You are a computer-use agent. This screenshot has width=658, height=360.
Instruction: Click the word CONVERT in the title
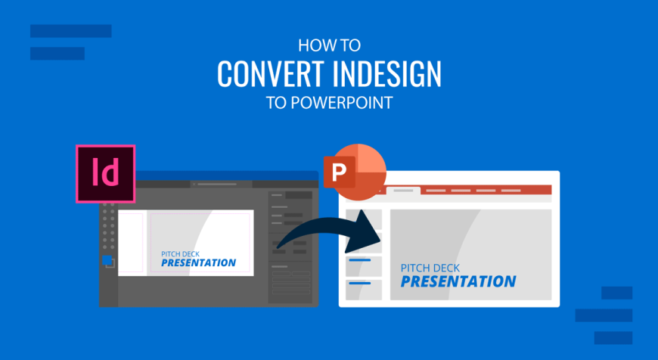pos(271,74)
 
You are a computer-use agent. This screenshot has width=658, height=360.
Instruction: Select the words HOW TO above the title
pos(329,45)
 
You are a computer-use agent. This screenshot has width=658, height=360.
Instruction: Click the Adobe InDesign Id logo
pos(105,174)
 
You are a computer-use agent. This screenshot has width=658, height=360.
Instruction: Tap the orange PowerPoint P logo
pos(355,172)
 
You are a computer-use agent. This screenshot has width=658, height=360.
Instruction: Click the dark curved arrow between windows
pos(330,235)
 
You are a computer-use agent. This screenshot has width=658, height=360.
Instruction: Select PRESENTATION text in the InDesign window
pos(198,263)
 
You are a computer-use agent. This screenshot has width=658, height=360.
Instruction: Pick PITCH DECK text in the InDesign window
pos(181,254)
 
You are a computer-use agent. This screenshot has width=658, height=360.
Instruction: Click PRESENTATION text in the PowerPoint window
pos(458,281)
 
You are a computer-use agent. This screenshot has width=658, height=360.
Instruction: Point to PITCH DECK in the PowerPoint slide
pos(430,268)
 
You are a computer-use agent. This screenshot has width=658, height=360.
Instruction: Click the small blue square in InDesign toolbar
pos(107,260)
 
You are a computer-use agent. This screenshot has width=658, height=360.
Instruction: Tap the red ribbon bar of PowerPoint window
pos(486,190)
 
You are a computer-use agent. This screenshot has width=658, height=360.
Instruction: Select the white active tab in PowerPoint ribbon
pos(403,191)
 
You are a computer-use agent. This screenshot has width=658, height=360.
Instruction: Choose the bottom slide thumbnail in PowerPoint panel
pos(363,290)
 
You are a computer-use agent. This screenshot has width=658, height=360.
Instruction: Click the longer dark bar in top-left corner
pos(71,31)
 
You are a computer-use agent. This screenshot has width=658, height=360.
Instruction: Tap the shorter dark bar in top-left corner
pos(57,53)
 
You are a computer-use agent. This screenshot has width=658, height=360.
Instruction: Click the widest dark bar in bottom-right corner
pos(604,315)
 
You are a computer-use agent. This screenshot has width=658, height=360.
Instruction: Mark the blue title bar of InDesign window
pos(227,175)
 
